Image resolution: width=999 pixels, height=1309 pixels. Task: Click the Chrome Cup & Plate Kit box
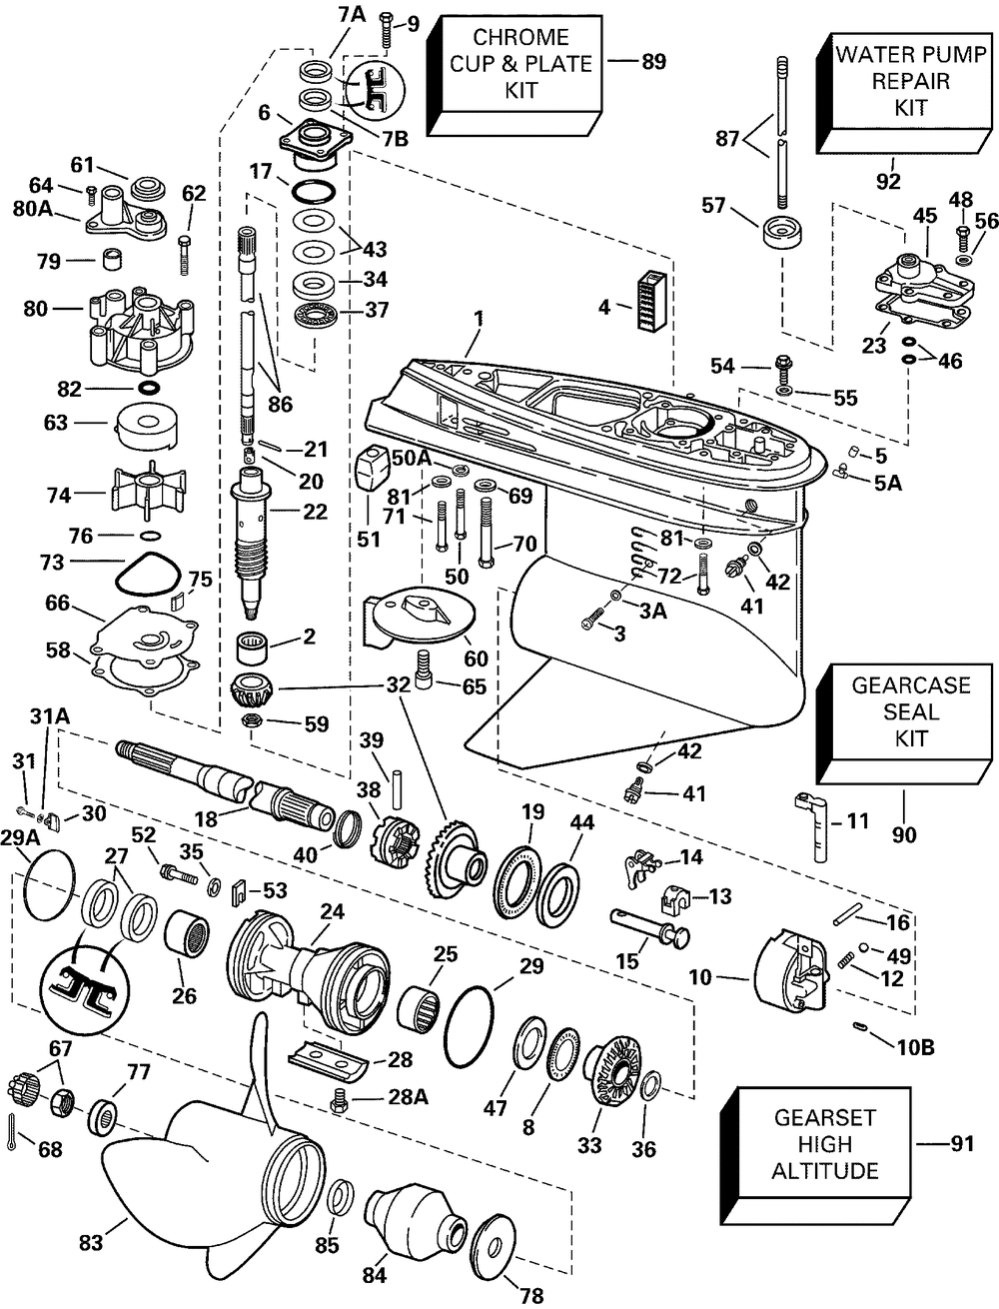click(519, 64)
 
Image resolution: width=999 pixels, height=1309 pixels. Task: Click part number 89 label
click(652, 62)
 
